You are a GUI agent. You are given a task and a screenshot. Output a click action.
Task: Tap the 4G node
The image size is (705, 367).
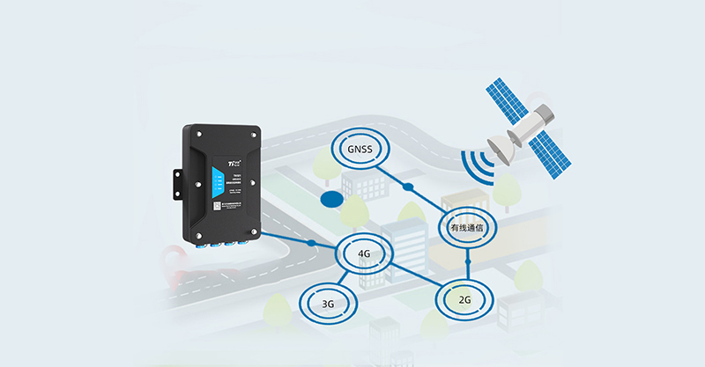pos(365,255)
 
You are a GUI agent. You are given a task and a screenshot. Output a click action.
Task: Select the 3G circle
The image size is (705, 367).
pos(328,305)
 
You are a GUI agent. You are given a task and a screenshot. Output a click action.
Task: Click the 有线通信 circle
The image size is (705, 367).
pos(467,227)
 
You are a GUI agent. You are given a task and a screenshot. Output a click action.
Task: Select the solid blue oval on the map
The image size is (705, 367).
pos(331,200)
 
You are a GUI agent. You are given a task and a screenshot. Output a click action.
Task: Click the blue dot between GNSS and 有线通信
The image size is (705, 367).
pos(407,187)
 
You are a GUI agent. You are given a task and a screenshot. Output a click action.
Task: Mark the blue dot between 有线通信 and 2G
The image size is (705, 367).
pos(468,263)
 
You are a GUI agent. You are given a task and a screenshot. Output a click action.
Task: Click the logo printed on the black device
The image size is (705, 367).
pos(234,162)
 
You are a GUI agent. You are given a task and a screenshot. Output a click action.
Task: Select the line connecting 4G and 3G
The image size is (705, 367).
pos(346,280)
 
